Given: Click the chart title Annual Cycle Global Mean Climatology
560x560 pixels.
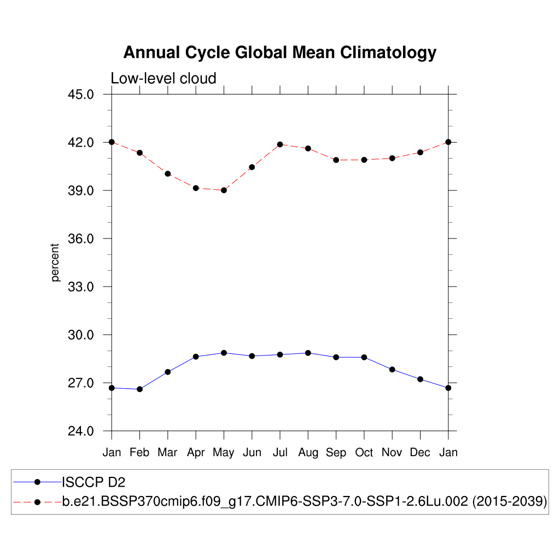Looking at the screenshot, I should [x=279, y=53].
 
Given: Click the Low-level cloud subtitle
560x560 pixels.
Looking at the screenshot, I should [x=164, y=78].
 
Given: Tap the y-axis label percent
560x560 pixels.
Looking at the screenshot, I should [x=55, y=262].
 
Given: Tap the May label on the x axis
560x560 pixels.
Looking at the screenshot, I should [x=224, y=453].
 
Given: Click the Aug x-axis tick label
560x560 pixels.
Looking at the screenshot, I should [x=308, y=453].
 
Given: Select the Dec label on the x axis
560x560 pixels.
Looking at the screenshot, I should [x=420, y=453].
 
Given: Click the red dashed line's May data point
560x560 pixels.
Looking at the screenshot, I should [x=224, y=190].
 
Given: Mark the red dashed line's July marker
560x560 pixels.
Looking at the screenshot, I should [x=280, y=144].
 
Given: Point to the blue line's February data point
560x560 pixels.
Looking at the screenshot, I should [x=139, y=389].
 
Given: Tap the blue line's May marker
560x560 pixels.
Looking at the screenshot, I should [x=224, y=353].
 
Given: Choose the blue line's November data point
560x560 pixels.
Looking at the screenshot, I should [x=392, y=370].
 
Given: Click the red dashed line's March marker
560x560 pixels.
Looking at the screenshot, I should [x=168, y=174].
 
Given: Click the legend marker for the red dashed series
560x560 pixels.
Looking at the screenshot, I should [x=37, y=501].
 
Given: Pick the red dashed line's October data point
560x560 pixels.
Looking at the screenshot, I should [x=364, y=160].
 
